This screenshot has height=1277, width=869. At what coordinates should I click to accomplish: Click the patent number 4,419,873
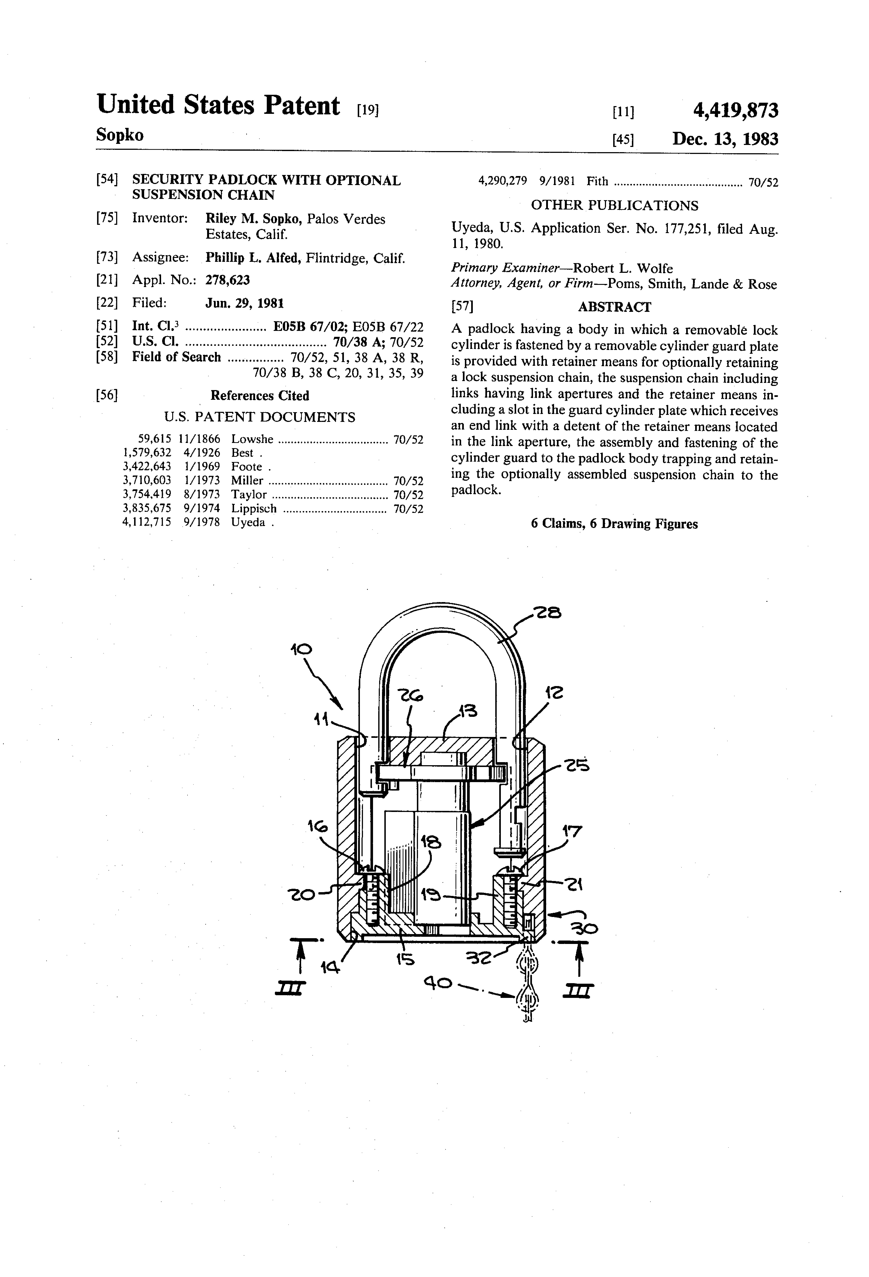pos(735,111)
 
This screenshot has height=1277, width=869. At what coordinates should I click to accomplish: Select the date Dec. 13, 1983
pos(725,139)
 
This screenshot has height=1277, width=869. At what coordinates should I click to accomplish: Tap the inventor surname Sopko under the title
pos(120,135)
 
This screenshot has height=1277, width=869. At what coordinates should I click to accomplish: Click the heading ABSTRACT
pos(614,307)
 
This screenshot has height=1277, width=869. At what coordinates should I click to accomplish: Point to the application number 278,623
pos(227,280)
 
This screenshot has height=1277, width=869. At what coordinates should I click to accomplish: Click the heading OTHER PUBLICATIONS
pos(614,206)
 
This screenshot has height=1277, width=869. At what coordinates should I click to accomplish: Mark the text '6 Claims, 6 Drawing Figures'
pos(614,524)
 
